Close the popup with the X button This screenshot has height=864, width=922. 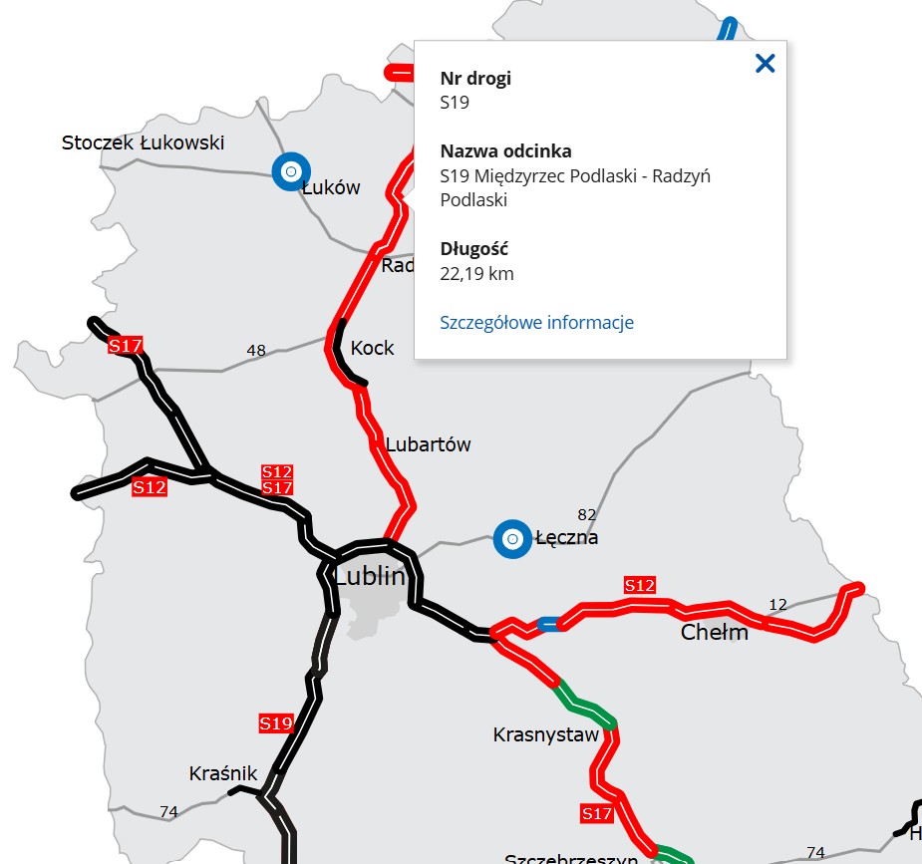(x=765, y=64)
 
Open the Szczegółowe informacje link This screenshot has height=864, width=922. (x=536, y=322)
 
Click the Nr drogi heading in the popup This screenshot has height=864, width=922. (x=475, y=78)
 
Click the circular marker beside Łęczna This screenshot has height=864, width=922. (x=512, y=539)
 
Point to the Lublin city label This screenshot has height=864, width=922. (x=370, y=576)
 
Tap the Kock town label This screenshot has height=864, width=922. (x=372, y=348)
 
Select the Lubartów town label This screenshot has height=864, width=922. (x=428, y=444)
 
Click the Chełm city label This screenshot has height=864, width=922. (x=714, y=633)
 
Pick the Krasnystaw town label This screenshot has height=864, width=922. (x=546, y=735)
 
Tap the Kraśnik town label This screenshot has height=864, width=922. (x=223, y=773)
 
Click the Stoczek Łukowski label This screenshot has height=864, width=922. (x=143, y=143)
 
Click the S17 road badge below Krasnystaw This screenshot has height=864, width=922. (x=596, y=814)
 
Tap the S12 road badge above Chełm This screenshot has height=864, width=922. (x=639, y=585)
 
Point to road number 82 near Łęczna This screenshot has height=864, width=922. (x=587, y=514)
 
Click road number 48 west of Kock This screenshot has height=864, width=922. (x=256, y=350)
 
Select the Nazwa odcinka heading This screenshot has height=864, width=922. (x=505, y=151)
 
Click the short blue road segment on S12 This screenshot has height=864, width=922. (x=548, y=624)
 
